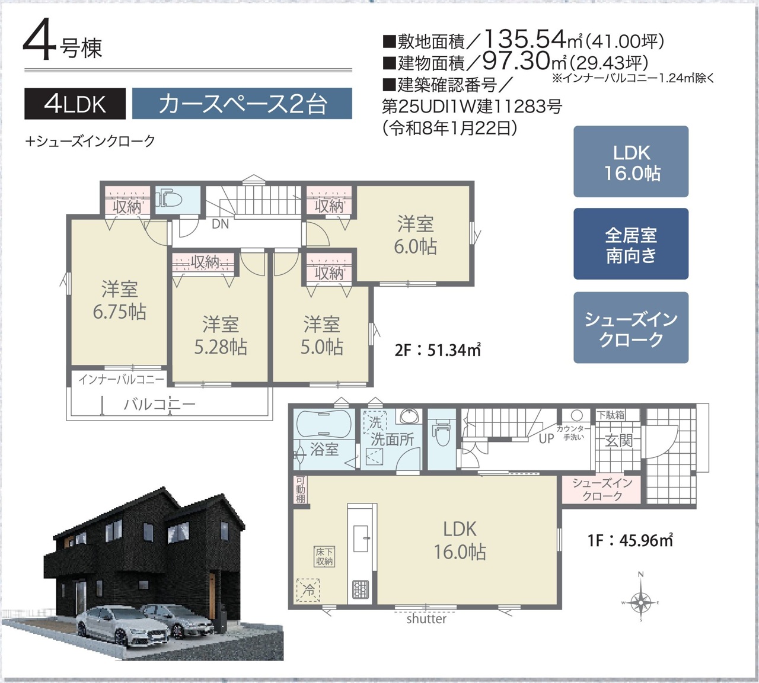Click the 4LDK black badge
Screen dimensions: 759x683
[75, 104]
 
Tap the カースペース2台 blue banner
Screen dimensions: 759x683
[242, 104]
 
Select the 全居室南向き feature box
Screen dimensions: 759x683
[631, 244]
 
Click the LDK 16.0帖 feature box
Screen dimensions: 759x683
[631, 161]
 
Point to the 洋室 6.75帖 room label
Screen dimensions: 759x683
[120, 300]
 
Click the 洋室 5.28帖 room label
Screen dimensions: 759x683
[221, 336]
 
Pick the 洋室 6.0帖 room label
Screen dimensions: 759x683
[416, 235]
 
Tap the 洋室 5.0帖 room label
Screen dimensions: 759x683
[322, 336]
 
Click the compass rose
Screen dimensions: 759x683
[640, 601]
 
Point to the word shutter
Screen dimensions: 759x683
[426, 619]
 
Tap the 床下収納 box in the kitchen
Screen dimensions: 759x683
[324, 557]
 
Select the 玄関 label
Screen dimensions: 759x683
[618, 440]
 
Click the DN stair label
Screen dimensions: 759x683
[220, 224]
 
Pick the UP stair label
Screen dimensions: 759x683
[546, 439]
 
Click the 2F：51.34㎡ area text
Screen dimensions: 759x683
[438, 350]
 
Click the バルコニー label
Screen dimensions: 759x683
[160, 405]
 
